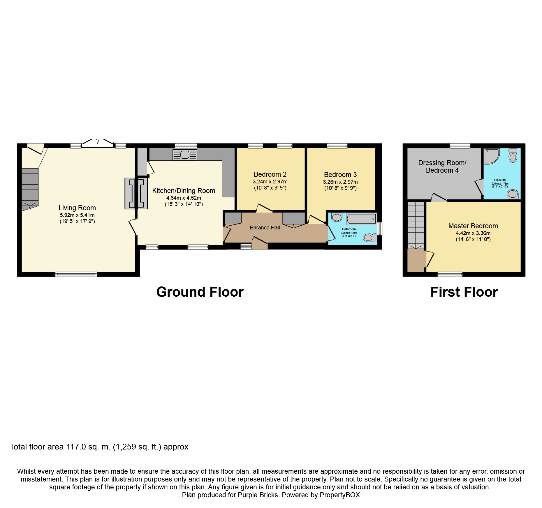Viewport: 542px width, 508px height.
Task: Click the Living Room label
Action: (77, 208)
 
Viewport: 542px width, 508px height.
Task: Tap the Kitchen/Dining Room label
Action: (184, 191)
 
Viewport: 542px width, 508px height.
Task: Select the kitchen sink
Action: (185, 155)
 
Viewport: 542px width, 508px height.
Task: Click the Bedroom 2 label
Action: (270, 174)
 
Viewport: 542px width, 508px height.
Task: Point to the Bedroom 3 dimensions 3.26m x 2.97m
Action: (340, 182)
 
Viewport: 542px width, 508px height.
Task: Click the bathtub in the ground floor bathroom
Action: (361, 218)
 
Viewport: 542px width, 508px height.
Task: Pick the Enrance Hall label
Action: (265, 228)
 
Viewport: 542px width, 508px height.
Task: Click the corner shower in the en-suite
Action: (492, 156)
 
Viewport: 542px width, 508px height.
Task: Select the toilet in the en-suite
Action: (513, 155)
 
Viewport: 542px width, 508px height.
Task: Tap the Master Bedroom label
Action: (473, 226)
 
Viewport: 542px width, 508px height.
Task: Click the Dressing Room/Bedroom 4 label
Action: (442, 167)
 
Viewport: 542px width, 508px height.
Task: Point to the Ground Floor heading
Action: (200, 292)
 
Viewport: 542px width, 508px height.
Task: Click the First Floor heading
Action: (464, 292)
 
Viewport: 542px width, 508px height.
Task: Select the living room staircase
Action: (30, 189)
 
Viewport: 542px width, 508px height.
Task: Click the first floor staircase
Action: (416, 225)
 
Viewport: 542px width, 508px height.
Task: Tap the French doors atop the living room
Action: (98, 143)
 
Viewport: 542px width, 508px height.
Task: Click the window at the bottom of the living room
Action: (76, 274)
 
